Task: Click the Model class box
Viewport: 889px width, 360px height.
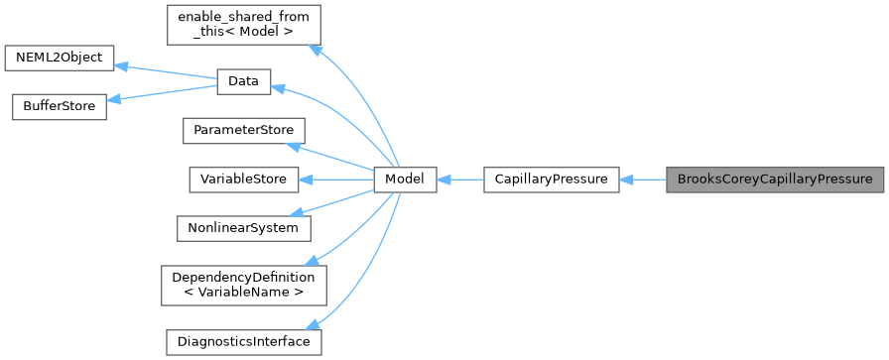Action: coord(405,180)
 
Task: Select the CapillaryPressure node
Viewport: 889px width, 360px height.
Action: coord(551,180)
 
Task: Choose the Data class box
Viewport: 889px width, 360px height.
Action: coord(243,82)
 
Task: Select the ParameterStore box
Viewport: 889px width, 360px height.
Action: coord(243,131)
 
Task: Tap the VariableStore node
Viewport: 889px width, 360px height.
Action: coord(243,180)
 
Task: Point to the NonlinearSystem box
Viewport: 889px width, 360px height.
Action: coord(243,227)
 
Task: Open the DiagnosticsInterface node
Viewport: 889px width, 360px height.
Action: coord(243,341)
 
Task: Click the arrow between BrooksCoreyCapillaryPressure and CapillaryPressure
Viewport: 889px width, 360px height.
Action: coord(643,180)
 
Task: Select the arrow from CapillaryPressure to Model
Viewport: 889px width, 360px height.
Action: coord(459,180)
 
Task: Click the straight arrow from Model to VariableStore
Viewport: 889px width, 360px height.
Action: coord(337,180)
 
